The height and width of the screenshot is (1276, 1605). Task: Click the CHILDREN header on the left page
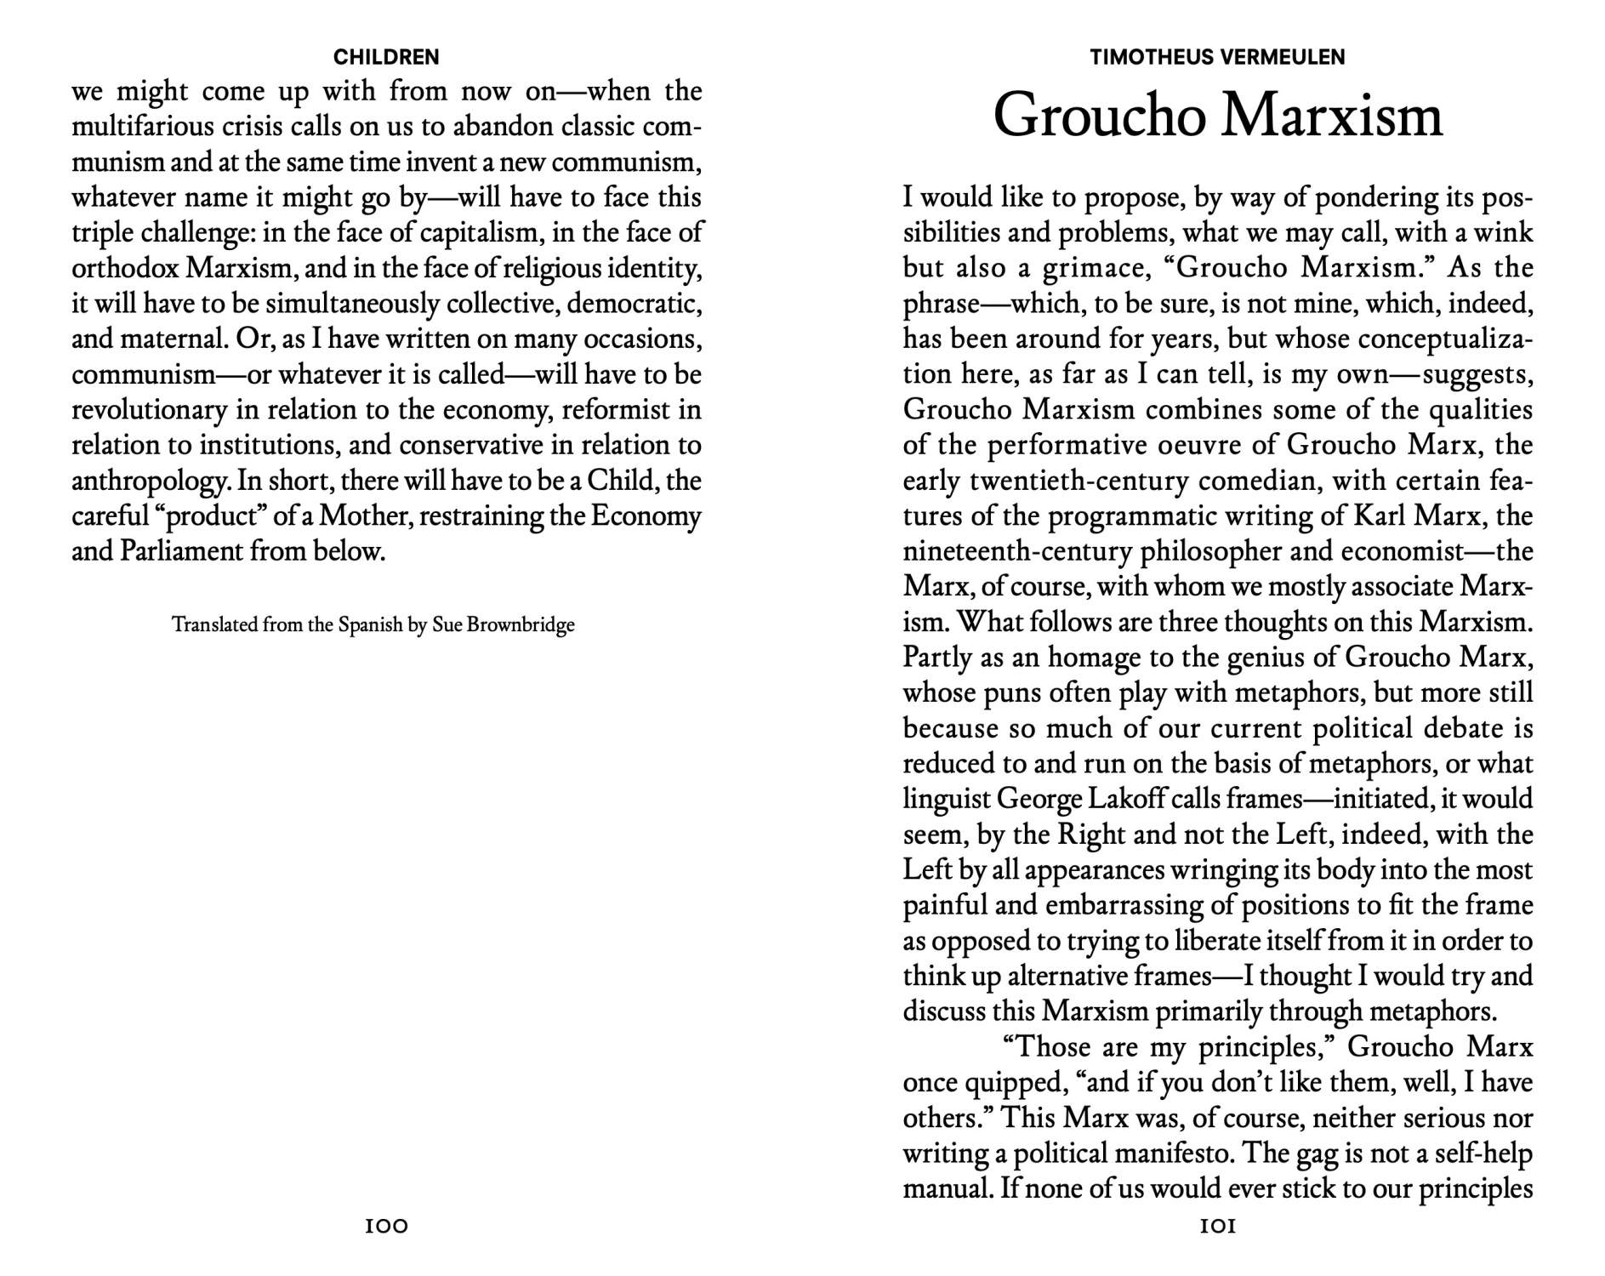click(x=386, y=57)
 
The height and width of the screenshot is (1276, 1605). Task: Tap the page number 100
click(x=386, y=1226)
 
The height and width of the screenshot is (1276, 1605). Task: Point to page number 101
click(x=1217, y=1226)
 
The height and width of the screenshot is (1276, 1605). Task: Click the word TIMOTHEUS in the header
click(x=1150, y=57)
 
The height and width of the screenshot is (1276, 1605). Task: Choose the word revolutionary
click(x=149, y=410)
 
